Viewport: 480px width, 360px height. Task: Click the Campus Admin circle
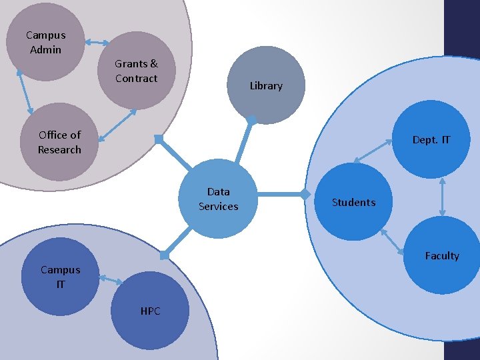click(45, 42)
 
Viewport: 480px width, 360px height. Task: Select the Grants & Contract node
click(137, 71)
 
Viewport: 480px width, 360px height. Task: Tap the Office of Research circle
click(59, 142)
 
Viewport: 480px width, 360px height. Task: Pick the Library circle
click(265, 85)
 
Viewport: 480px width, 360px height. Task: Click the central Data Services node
click(219, 199)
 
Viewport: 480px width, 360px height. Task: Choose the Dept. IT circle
click(431, 139)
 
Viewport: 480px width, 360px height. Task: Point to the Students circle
click(353, 202)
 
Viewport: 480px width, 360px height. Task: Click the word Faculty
click(441, 256)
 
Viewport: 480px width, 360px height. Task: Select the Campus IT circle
click(60, 277)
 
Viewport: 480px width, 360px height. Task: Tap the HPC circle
click(150, 311)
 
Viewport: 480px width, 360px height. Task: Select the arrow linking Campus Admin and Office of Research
click(25, 91)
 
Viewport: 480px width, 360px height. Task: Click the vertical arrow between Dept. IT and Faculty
click(443, 197)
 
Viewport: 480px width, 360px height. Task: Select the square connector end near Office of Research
click(158, 139)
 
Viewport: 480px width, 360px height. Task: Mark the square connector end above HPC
click(164, 255)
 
